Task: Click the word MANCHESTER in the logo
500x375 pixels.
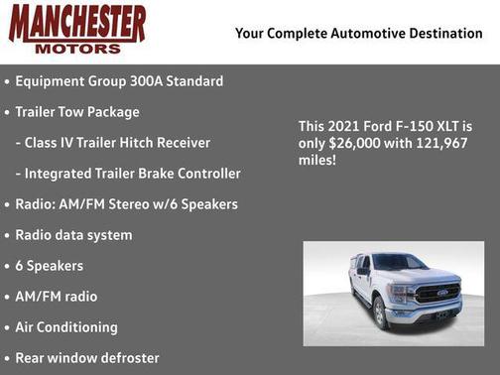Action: tap(77, 23)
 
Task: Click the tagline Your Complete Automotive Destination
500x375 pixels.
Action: tap(358, 34)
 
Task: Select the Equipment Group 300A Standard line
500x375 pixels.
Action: tap(119, 81)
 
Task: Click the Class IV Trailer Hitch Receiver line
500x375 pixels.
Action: tap(112, 143)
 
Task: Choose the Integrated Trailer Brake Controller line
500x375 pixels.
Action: tap(127, 174)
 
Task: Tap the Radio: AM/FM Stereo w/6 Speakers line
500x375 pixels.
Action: tap(126, 204)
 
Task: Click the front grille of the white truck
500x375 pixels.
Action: tap(437, 294)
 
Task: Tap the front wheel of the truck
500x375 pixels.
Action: tap(381, 313)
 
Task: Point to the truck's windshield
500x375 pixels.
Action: tap(400, 263)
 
